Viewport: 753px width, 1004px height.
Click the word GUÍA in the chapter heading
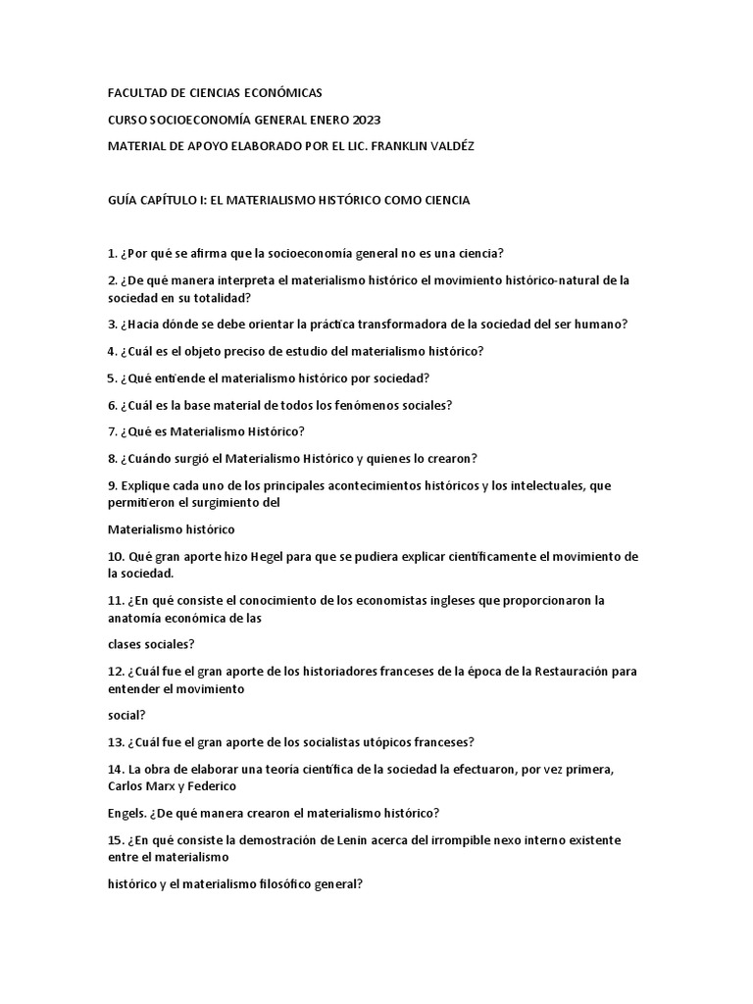[125, 200]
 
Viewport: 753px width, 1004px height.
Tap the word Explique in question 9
[145, 485]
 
